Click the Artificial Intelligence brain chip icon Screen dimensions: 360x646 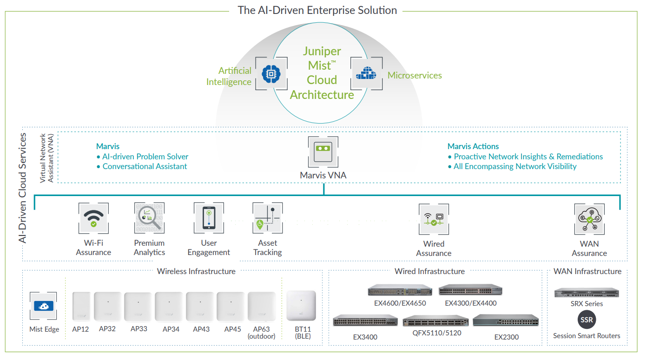pyautogui.click(x=271, y=73)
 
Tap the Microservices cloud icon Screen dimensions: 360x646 pyautogui.click(x=366, y=73)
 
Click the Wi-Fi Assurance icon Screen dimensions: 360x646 pyautogui.click(x=93, y=218)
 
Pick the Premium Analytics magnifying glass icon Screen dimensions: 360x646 pyautogui.click(x=149, y=218)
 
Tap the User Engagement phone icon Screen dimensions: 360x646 pyautogui.click(x=209, y=218)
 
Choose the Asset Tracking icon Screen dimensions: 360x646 pyautogui.click(x=267, y=218)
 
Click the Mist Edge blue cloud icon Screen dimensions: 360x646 pyautogui.click(x=43, y=306)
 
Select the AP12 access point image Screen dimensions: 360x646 pyautogui.click(x=81, y=306)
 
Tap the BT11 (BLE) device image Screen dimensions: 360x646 pyautogui.click(x=301, y=305)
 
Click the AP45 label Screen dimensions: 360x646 pyautogui.click(x=232, y=329)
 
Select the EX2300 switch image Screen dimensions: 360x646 pyautogui.click(x=506, y=321)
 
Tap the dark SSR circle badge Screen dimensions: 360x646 pyautogui.click(x=587, y=320)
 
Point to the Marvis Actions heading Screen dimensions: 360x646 pyautogui.click(x=473, y=146)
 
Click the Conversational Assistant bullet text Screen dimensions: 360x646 pyautogui.click(x=145, y=166)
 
